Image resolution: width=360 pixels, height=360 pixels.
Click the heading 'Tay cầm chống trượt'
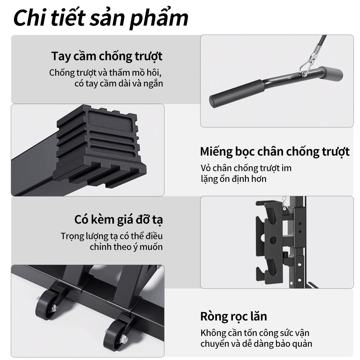pyautogui.click(x=107, y=56)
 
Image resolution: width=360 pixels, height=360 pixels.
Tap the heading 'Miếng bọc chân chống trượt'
pyautogui.click(x=275, y=152)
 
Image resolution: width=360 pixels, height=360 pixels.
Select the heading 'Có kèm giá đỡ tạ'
pyautogui.click(x=118, y=220)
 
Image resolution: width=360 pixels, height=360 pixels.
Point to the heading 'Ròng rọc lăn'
pyautogui.click(x=234, y=316)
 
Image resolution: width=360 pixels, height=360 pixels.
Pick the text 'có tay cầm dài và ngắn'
pyautogui.click(x=119, y=84)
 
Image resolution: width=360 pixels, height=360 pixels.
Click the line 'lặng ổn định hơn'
pyautogui.click(x=234, y=179)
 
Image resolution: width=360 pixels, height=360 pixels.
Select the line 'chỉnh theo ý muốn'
pyautogui.click(x=126, y=247)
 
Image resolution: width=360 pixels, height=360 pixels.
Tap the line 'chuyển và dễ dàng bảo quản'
pyautogui.click(x=256, y=344)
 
